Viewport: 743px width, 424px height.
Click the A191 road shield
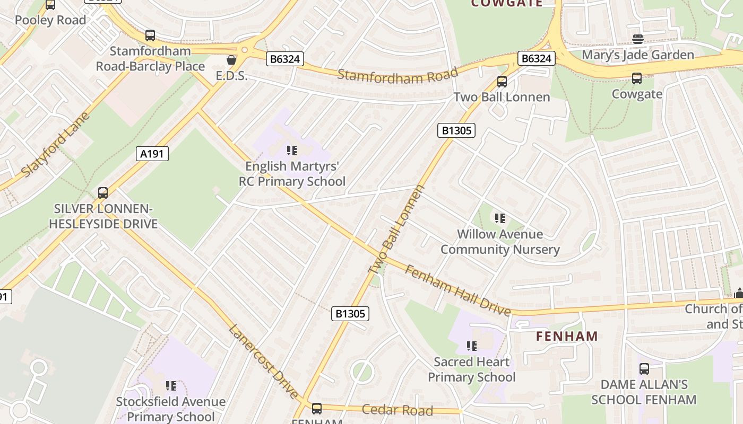(152, 154)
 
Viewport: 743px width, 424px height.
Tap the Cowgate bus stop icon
(637, 78)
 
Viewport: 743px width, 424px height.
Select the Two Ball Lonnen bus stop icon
(502, 82)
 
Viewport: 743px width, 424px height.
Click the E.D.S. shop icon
(231, 60)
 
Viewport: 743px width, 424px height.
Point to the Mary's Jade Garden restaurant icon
(637, 39)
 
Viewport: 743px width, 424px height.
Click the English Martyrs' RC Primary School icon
(291, 151)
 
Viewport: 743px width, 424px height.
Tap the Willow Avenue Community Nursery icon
(499, 218)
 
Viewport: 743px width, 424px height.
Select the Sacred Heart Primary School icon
(471, 346)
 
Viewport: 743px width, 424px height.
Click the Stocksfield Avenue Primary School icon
(170, 386)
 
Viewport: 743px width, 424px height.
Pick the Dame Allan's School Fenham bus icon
(644, 368)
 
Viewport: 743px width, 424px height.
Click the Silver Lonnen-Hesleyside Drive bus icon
(103, 192)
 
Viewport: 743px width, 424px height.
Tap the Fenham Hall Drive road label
(457, 290)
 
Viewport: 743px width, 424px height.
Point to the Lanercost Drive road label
(264, 361)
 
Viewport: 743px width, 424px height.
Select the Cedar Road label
(397, 410)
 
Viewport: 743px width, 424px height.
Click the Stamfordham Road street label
(397, 76)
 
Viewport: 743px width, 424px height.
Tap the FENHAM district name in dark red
(567, 336)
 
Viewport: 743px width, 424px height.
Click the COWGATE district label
(507, 3)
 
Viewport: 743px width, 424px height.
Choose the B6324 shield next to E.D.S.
(284, 59)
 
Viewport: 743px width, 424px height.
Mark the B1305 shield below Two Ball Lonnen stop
(456, 130)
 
